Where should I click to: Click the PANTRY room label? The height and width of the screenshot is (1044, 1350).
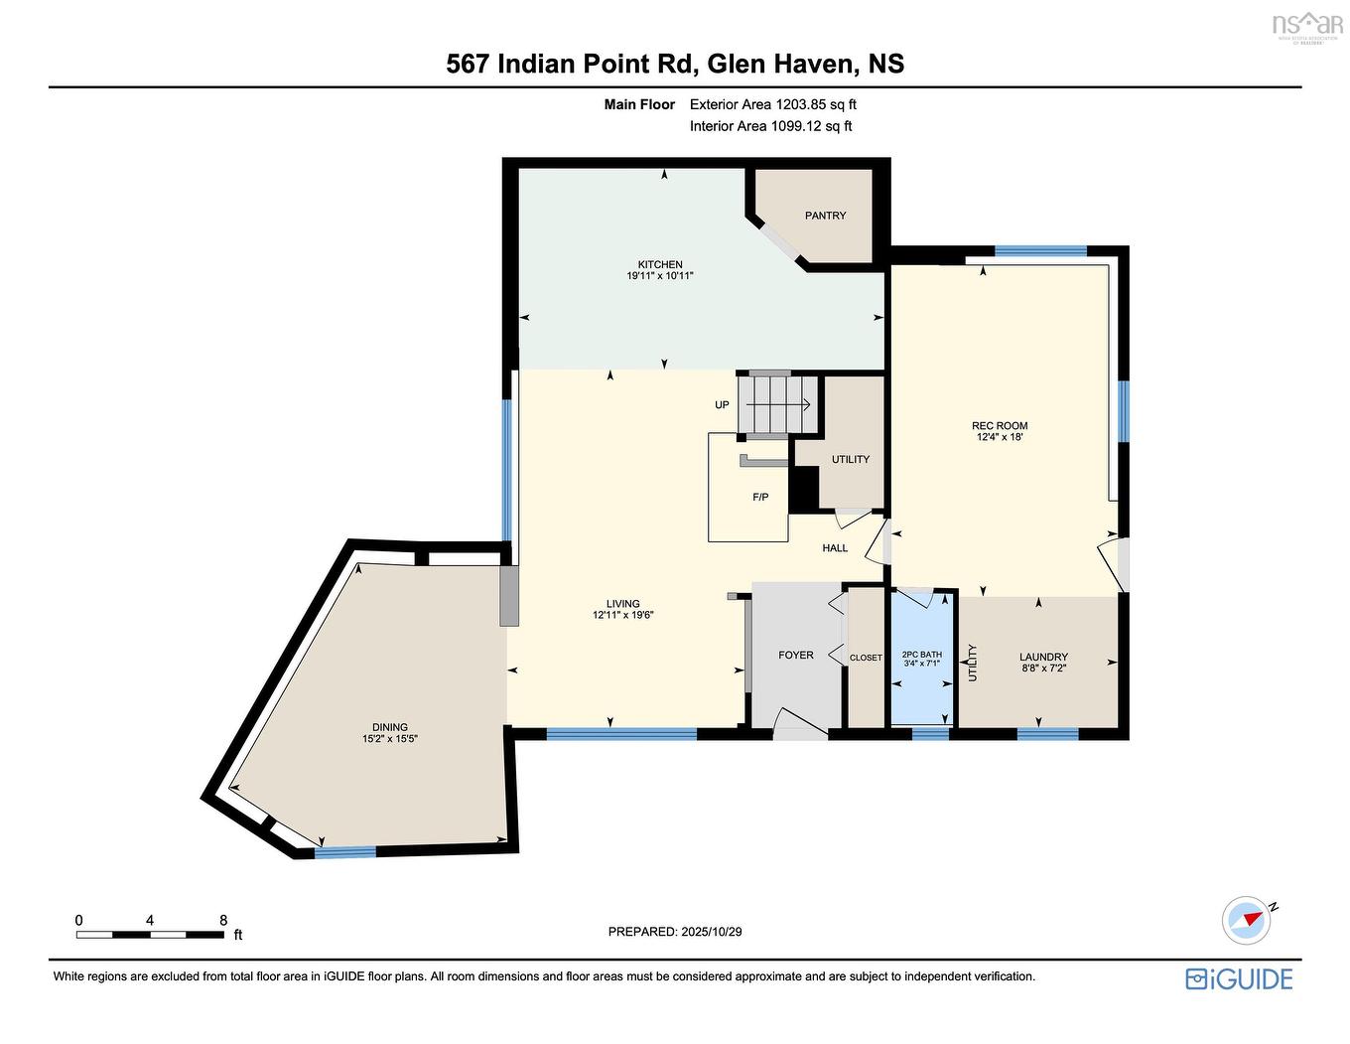pyautogui.click(x=825, y=216)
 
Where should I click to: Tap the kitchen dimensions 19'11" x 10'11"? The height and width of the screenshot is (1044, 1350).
pyautogui.click(x=659, y=276)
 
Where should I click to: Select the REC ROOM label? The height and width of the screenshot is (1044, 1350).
pyautogui.click(x=1000, y=425)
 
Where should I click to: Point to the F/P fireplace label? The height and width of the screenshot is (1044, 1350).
pyautogui.click(x=760, y=497)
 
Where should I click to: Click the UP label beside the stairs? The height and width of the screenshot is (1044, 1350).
pyautogui.click(x=722, y=405)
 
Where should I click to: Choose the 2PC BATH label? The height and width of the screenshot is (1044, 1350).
pyautogui.click(x=922, y=654)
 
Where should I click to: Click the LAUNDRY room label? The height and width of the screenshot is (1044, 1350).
pyautogui.click(x=1043, y=657)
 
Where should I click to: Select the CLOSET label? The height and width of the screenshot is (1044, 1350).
pyautogui.click(x=866, y=658)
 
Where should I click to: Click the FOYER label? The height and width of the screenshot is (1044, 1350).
pyautogui.click(x=795, y=655)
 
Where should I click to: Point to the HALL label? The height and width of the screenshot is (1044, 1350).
pyautogui.click(x=835, y=548)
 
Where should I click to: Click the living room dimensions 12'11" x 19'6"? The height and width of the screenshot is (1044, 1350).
pyautogui.click(x=622, y=615)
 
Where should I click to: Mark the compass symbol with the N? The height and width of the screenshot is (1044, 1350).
pyautogui.click(x=1247, y=920)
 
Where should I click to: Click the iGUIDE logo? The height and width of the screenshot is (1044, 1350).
pyautogui.click(x=1239, y=978)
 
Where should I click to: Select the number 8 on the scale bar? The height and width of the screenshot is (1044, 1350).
pyautogui.click(x=223, y=920)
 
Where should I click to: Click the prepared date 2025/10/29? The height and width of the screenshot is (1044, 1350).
pyautogui.click(x=711, y=932)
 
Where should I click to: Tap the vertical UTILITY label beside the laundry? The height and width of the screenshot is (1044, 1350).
pyautogui.click(x=973, y=663)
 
